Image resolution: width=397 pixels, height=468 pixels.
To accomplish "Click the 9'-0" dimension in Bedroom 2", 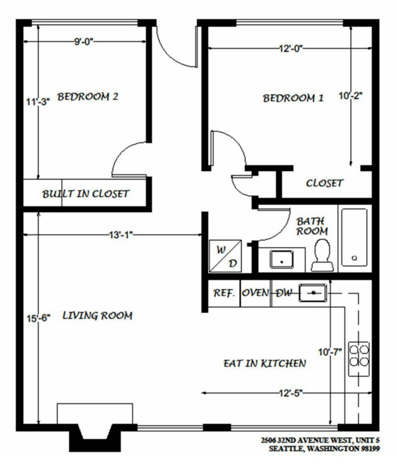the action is coord(84,42).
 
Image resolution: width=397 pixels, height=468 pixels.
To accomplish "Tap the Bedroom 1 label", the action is coord(293,98).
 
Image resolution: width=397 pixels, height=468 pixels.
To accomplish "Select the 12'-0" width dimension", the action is coord(291,48).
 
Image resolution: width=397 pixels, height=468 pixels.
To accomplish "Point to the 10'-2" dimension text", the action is coord(350,96).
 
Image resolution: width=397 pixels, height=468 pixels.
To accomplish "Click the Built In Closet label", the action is coord(85,194).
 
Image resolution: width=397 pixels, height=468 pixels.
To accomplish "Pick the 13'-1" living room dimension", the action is coord(121,235).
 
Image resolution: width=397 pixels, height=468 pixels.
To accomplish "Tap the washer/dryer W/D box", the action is coord(226,256).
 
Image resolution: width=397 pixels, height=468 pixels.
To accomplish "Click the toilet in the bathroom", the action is coord(322,255).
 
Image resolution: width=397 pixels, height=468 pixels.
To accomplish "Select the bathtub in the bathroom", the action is coord(355,237).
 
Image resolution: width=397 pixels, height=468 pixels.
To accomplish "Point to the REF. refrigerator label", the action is coord(224,293).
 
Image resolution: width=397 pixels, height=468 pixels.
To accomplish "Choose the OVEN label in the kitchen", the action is coord(255,292).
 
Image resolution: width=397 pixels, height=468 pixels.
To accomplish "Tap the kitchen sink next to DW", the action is coord(313,293).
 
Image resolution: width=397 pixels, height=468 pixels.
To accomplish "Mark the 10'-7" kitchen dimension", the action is coord(330,352).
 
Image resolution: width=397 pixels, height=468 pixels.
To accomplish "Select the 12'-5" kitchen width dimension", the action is coord(291,393).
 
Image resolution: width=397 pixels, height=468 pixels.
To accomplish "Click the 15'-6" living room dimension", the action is coord(38,318).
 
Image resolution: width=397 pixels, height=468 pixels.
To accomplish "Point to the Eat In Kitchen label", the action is coord(265,363).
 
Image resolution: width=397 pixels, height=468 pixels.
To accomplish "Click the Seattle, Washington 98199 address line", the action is coord(324,449).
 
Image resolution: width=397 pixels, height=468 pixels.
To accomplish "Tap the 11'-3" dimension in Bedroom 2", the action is coord(37,101).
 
